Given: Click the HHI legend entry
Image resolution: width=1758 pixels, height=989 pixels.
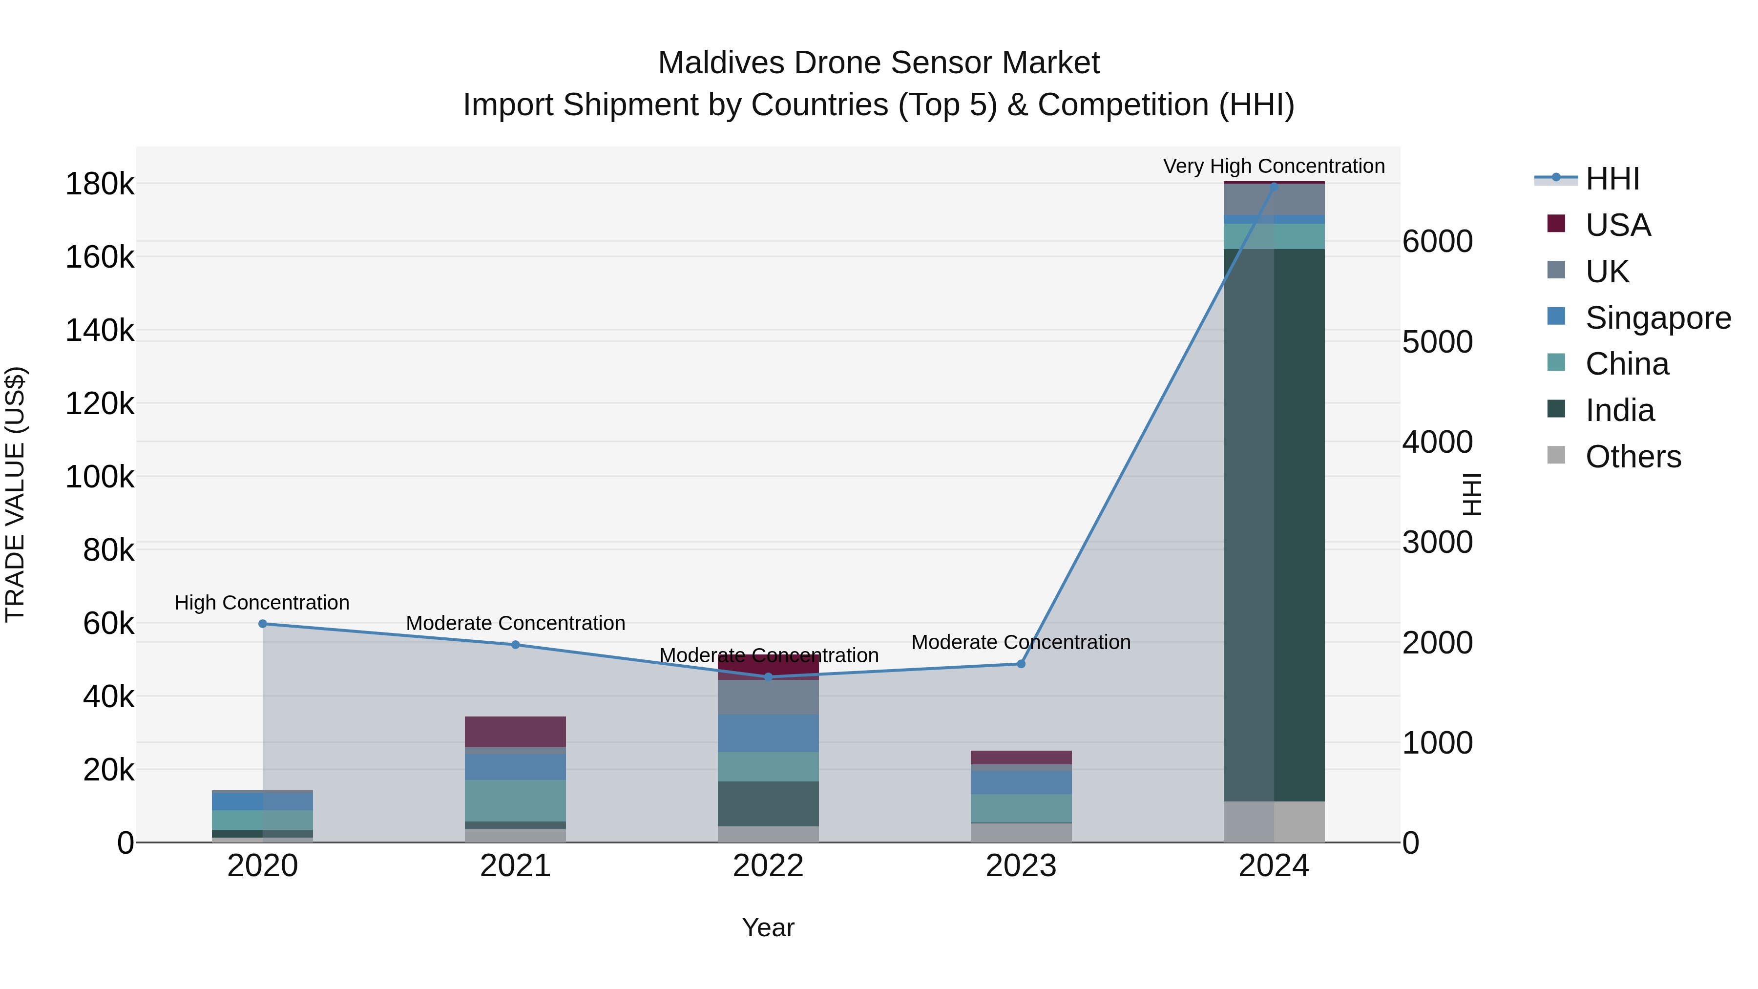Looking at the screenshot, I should click(x=1611, y=179).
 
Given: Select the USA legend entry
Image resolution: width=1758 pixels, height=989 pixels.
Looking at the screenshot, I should click(x=1617, y=225).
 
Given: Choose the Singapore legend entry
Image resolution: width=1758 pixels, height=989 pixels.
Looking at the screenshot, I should click(x=1657, y=318).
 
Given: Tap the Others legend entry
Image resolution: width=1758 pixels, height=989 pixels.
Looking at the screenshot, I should click(x=1632, y=457).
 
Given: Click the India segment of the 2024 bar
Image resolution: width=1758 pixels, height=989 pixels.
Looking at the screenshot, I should click(x=1274, y=526).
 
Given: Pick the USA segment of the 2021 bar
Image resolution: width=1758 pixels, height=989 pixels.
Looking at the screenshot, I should click(x=515, y=732).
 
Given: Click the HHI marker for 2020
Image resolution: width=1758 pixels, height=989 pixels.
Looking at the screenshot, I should click(x=263, y=624).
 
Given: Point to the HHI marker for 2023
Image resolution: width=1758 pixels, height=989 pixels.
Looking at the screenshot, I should click(x=1021, y=664).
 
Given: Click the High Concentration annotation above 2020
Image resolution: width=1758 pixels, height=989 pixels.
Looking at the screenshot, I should click(x=262, y=603).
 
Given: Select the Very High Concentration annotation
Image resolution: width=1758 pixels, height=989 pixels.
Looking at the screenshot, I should click(x=1274, y=166).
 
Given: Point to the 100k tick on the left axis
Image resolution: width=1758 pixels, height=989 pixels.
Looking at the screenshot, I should click(x=100, y=477).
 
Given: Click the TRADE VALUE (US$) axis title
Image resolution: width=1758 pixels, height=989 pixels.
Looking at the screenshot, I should click(x=15, y=494).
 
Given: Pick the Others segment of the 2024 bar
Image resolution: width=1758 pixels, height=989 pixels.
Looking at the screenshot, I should click(x=1274, y=822).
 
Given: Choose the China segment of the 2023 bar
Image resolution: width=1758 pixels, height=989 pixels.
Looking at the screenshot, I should click(x=1021, y=808).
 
